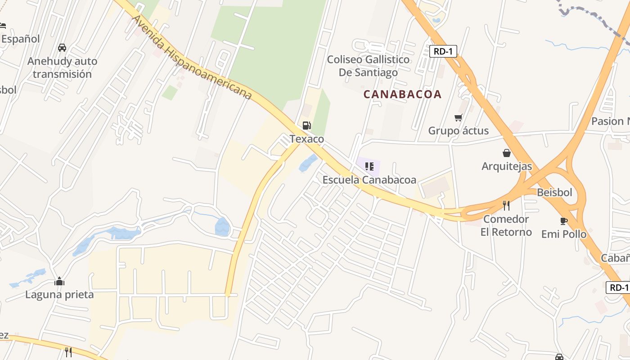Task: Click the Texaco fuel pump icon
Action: (x=306, y=126)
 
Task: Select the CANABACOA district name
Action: (x=402, y=94)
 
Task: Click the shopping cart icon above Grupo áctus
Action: (x=458, y=118)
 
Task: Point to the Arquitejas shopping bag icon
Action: (x=507, y=153)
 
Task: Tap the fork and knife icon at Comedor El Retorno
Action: (x=506, y=206)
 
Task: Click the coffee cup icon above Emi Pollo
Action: (x=563, y=221)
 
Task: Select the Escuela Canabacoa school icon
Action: (x=369, y=167)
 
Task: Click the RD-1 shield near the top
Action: (x=443, y=51)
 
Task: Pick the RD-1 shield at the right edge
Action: (x=619, y=288)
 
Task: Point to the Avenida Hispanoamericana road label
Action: (x=192, y=57)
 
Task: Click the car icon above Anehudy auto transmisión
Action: (x=62, y=48)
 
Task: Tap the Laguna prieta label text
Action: (x=59, y=295)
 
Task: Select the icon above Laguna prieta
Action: (x=59, y=282)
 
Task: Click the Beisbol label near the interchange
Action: (x=554, y=193)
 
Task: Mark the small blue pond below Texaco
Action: (x=308, y=163)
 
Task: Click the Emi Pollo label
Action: (x=563, y=234)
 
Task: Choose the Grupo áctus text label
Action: (x=458, y=131)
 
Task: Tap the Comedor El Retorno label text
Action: (x=506, y=225)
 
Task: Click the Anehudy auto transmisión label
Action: (x=62, y=67)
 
